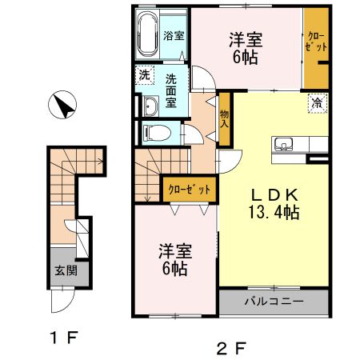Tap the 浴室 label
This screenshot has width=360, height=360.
(x=174, y=36)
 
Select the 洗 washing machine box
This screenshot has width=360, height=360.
(x=144, y=75)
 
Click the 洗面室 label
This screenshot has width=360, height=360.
(x=173, y=86)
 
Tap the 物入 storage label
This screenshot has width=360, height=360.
(x=224, y=119)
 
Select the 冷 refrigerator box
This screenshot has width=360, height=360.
(x=317, y=102)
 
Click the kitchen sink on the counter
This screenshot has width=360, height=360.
(x=284, y=145)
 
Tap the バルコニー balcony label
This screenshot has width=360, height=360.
(x=274, y=303)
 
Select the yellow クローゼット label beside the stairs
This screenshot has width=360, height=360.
(x=190, y=190)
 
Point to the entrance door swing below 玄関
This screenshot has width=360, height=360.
(x=60, y=302)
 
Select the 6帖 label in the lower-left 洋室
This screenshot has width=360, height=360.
(x=176, y=269)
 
